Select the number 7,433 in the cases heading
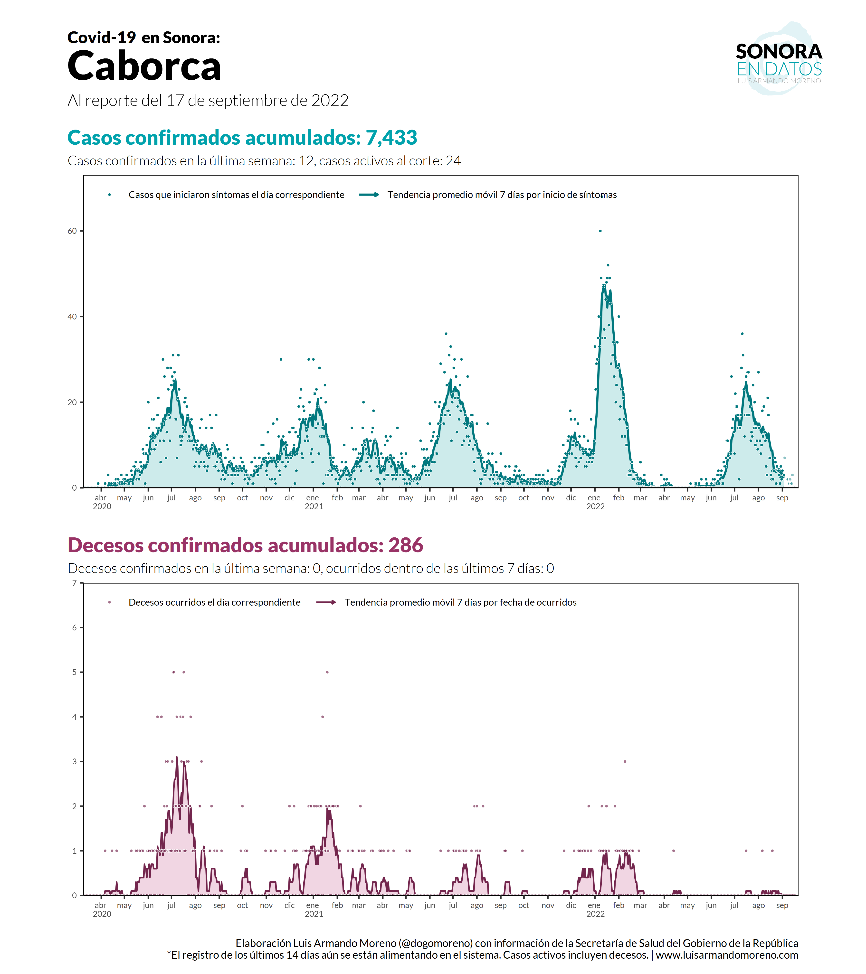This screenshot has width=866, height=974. [x=391, y=138]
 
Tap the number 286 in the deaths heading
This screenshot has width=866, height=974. [x=406, y=546]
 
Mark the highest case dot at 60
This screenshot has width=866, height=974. [x=600, y=231]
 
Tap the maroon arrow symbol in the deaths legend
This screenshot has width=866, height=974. [x=326, y=602]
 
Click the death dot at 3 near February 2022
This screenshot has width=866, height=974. [x=625, y=761]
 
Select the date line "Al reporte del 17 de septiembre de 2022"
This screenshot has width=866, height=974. [x=208, y=101]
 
